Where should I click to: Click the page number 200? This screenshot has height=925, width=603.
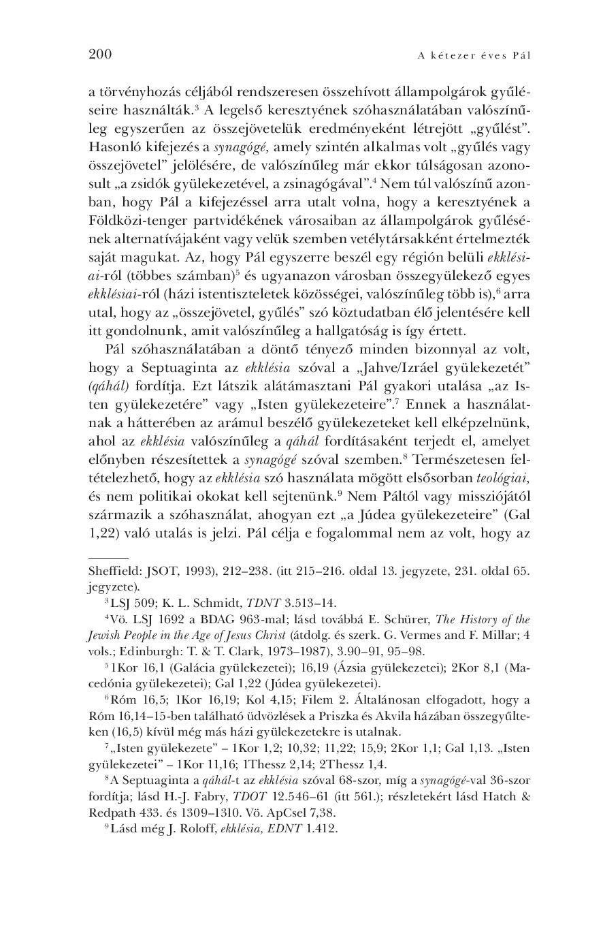pyautogui.click(x=100, y=54)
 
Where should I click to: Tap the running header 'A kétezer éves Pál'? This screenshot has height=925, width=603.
pyautogui.click(x=474, y=55)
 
